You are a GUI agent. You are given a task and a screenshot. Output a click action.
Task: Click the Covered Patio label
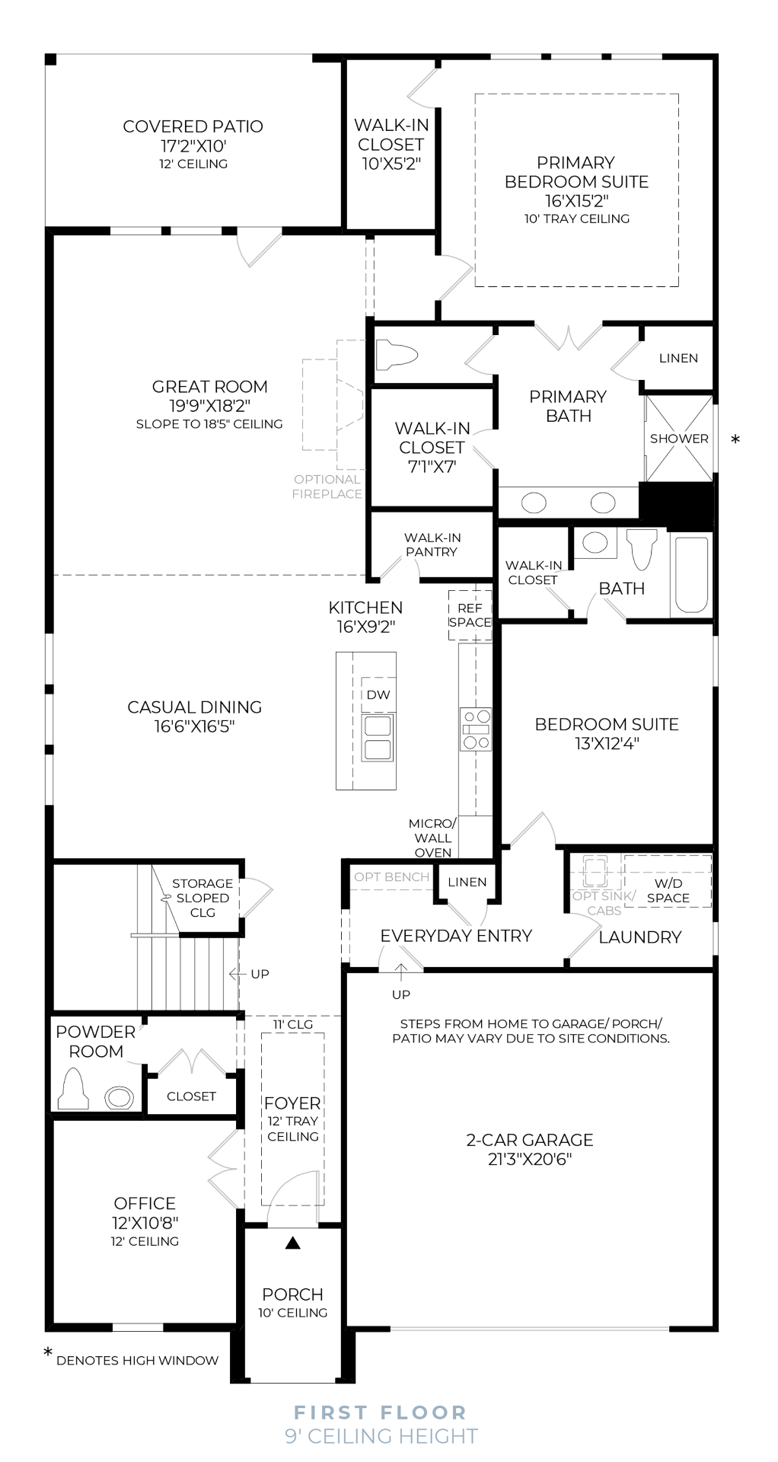193,126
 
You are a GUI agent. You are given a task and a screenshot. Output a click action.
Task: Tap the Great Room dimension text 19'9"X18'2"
209,406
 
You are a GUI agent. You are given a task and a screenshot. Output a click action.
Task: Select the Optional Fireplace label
327,487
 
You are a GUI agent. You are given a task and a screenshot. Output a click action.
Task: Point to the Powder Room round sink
119,1097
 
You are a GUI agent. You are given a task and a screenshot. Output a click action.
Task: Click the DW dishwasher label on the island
378,694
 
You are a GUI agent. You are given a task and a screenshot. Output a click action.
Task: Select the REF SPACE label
470,615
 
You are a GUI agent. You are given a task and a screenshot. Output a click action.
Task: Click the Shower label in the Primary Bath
679,439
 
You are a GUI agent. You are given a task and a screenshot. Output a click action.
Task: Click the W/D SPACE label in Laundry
668,890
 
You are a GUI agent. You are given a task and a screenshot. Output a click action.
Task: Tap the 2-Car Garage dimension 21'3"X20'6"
530,1160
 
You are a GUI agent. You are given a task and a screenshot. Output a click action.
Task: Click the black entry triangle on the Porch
293,1243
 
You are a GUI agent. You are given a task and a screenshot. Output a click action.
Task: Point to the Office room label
145,1203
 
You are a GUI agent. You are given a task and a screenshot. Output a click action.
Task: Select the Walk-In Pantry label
432,544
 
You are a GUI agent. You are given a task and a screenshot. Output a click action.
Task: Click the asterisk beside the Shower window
735,440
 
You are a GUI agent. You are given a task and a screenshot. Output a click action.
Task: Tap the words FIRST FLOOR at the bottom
381,1413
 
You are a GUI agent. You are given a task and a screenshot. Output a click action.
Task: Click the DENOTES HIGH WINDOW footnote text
137,1360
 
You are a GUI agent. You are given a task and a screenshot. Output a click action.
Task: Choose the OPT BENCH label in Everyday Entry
392,877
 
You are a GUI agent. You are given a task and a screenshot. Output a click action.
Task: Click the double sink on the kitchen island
378,738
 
